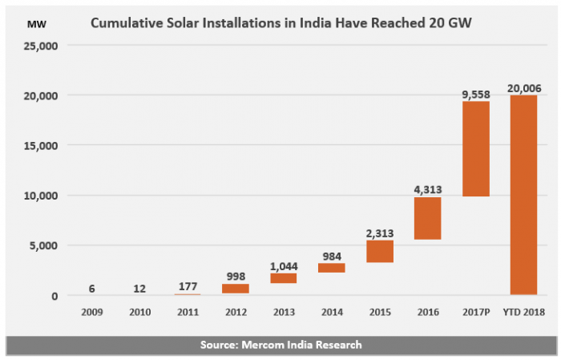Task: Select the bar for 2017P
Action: (x=476, y=148)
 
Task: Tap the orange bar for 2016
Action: (x=428, y=218)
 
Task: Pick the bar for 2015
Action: (x=380, y=251)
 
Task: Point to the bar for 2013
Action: (x=284, y=278)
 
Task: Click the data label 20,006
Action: (x=524, y=87)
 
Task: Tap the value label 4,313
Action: (x=428, y=190)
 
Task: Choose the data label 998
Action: (x=236, y=276)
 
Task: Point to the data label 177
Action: (x=188, y=286)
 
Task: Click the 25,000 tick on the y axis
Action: (x=41, y=46)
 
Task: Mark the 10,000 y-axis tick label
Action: (x=41, y=196)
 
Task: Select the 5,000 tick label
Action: (x=44, y=246)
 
